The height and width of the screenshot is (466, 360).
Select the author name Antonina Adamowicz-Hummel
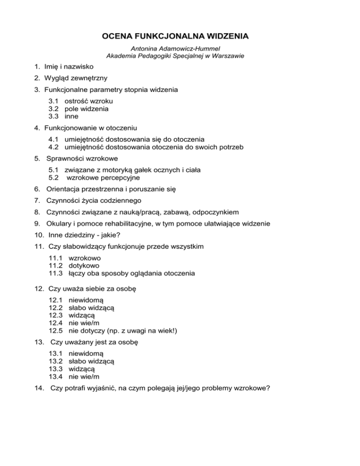point(180,48)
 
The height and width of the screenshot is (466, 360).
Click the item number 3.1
point(54,101)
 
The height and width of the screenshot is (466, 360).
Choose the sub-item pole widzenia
point(89,108)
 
